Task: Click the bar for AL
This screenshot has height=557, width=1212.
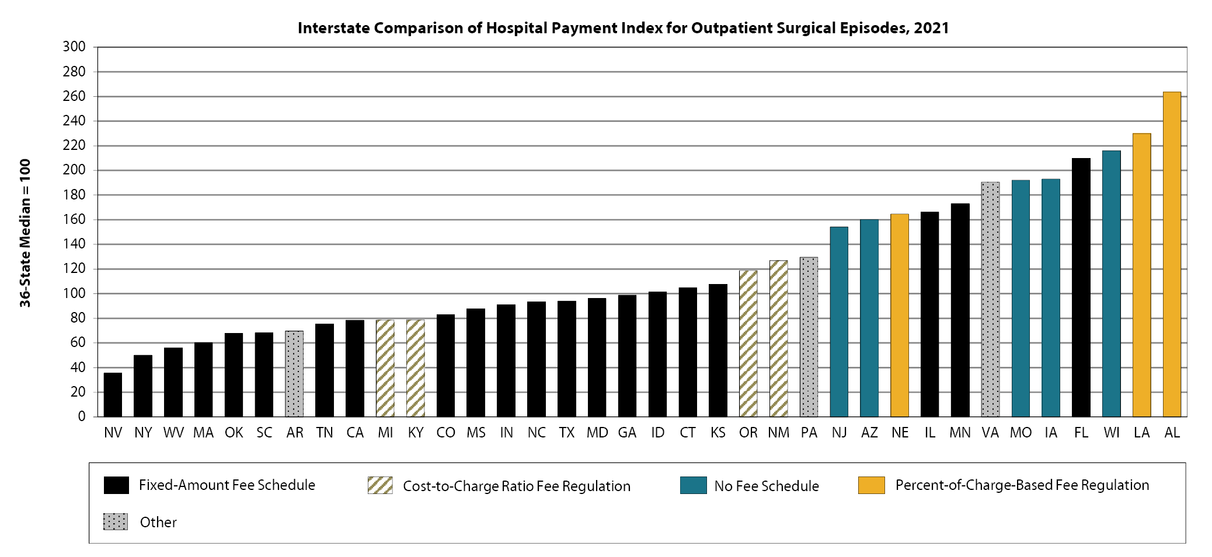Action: tap(1172, 254)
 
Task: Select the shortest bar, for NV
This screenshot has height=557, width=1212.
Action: tap(113, 395)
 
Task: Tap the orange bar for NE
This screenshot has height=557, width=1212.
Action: tap(900, 316)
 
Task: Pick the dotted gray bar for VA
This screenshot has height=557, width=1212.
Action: tap(990, 299)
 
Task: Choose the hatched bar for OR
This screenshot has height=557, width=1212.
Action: tap(748, 344)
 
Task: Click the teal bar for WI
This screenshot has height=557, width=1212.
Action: tap(1112, 284)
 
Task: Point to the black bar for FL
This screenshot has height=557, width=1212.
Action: tap(1081, 288)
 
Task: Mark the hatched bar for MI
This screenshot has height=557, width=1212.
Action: tap(385, 368)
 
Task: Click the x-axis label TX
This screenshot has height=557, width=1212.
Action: tap(567, 433)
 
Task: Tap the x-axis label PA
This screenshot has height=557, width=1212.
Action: tap(809, 433)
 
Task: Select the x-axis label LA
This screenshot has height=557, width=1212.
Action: tap(1142, 433)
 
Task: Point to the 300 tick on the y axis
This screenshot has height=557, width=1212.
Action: tap(74, 47)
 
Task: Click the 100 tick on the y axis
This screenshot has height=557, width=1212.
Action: tap(74, 293)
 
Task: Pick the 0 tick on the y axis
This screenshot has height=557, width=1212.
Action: tap(82, 416)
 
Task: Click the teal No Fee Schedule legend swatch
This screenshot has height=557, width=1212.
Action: tap(693, 485)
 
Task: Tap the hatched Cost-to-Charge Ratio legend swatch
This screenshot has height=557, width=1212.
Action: tap(380, 485)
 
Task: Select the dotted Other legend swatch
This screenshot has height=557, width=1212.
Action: tap(116, 521)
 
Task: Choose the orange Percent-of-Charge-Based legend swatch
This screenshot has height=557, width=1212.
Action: tap(871, 485)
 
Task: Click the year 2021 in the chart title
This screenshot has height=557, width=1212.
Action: tap(931, 28)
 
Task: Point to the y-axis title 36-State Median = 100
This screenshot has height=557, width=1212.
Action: tap(25, 233)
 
